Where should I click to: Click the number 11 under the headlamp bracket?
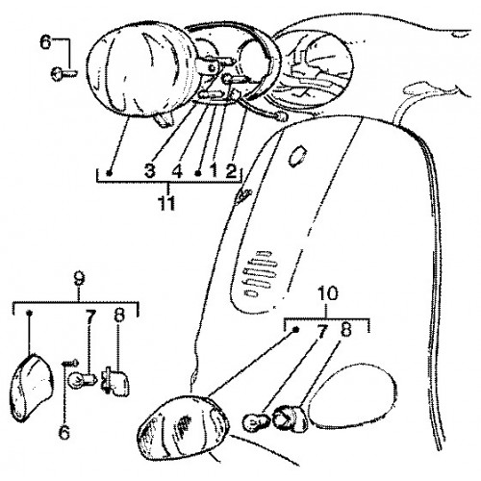167,203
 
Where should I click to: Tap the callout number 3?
150,170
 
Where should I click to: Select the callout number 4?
177,170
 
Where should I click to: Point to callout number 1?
215,170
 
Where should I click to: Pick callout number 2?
231,170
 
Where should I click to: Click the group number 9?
79,279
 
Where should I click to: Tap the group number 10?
328,293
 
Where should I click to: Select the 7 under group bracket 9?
90,317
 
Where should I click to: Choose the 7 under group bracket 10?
322,331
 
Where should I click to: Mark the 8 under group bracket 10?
346,329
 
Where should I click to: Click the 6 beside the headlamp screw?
45,42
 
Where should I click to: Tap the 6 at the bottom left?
64,431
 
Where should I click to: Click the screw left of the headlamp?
63,73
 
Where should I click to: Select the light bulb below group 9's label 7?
81,377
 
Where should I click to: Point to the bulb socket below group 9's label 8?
115,380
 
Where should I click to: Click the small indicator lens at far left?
31,387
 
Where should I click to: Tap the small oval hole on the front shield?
297,156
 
